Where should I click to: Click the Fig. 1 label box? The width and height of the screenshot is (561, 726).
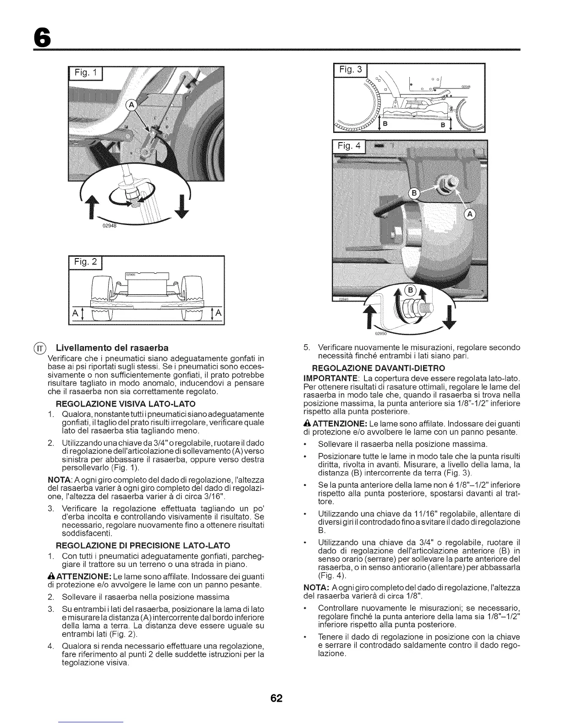pos(86,74)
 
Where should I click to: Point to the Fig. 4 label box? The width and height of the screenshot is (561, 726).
pos(349,147)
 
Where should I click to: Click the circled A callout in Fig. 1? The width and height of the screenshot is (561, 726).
pos(131,105)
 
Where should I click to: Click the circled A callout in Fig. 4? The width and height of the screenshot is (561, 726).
pos(471,214)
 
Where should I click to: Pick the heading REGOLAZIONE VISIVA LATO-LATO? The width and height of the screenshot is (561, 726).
pos(125,404)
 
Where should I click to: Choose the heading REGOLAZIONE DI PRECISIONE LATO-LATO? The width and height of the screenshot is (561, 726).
pos(143,545)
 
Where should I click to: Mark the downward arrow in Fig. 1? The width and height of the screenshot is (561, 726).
pos(183,208)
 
